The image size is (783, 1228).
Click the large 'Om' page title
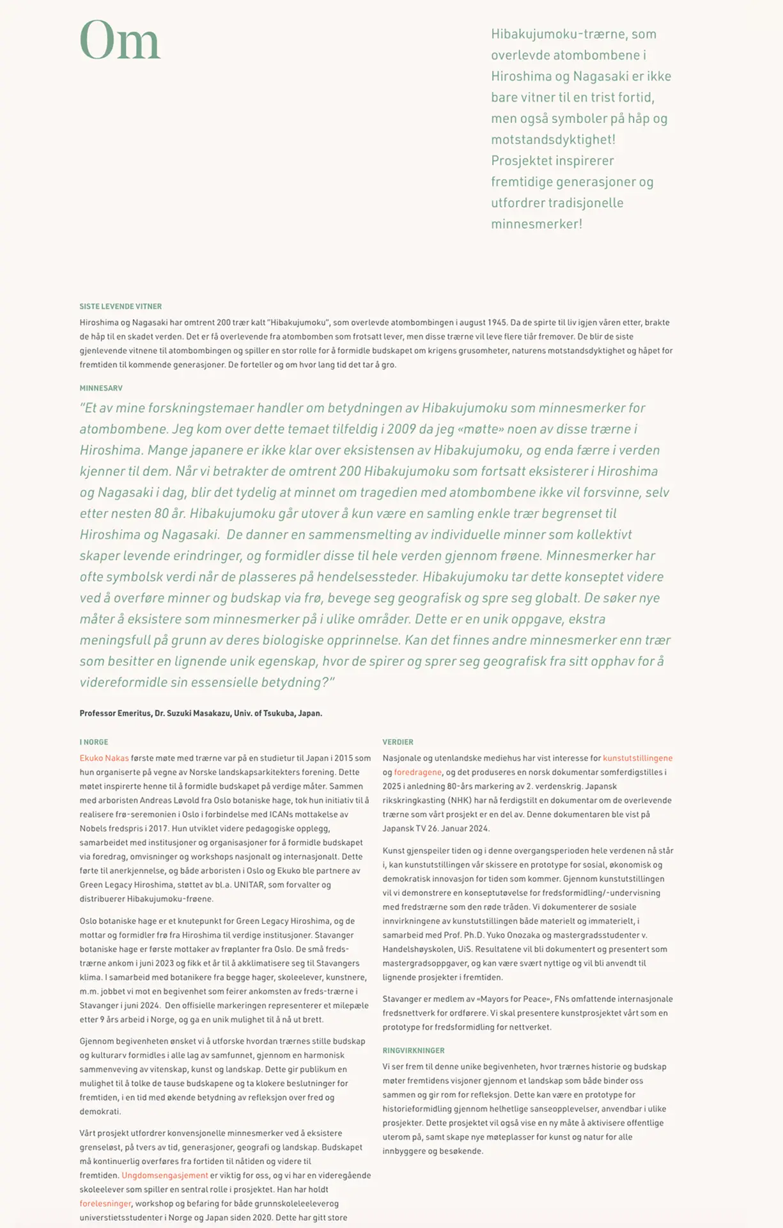coord(120,41)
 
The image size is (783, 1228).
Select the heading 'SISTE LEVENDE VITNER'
coord(121,306)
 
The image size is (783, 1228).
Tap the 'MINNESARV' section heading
coord(101,388)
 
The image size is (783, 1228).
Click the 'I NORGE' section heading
coord(94,742)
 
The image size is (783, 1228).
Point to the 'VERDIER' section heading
coord(398,742)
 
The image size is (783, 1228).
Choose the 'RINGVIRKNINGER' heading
coord(414,1050)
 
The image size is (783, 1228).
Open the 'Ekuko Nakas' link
coord(104,758)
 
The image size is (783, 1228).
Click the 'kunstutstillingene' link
coord(637,758)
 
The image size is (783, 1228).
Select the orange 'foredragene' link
coord(418,772)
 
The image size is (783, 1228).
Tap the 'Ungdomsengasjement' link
coord(165,1175)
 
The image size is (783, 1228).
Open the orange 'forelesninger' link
coord(105,1203)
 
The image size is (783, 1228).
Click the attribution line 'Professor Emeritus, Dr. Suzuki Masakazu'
coord(201,713)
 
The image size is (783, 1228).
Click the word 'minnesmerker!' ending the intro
coord(536,224)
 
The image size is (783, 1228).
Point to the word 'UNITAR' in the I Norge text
coord(249,885)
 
